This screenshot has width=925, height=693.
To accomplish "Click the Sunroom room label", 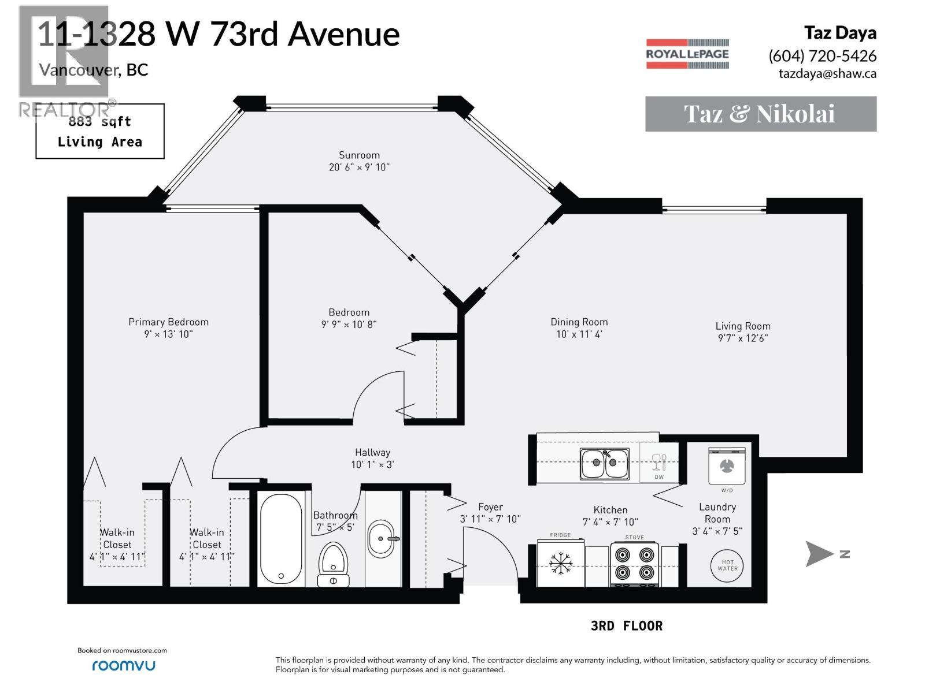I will [x=359, y=155].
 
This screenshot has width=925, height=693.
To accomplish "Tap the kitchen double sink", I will [x=605, y=464].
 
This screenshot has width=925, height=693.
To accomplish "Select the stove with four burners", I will [x=634, y=564].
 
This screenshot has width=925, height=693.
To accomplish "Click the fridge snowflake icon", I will [x=560, y=562].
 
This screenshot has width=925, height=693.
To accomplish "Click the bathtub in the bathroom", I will [x=280, y=539].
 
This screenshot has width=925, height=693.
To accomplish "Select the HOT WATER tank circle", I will [x=727, y=565].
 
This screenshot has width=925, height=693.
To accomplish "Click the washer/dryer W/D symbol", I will [x=727, y=466].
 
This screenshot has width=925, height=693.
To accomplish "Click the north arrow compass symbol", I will [x=820, y=554].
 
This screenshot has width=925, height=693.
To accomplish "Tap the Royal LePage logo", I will [x=687, y=54].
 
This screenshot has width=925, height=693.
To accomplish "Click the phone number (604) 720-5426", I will [x=822, y=56].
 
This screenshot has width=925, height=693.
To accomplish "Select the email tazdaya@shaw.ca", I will [x=827, y=73].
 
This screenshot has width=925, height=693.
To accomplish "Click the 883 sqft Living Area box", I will [x=100, y=132].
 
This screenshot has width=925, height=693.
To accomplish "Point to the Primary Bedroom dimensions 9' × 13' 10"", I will [x=168, y=334].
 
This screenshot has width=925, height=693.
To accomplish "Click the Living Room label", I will [x=742, y=326].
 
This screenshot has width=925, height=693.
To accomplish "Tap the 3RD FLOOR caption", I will [x=627, y=626].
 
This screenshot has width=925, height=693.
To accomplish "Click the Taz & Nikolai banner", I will [x=760, y=114].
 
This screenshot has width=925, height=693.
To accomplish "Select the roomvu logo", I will [x=123, y=665].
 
